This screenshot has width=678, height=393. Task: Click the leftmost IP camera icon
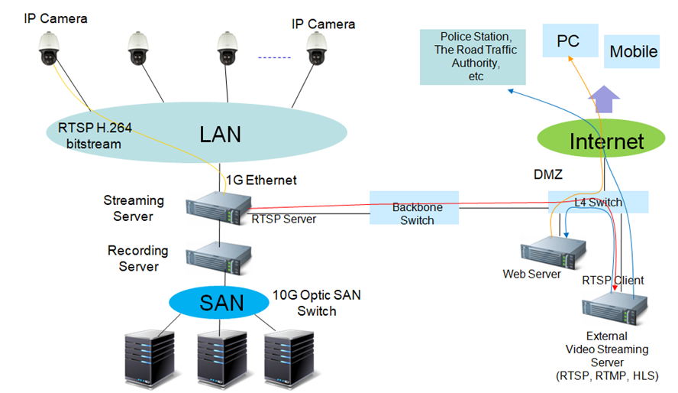pyautogui.click(x=48, y=48)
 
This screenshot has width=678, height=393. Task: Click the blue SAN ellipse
pyautogui.click(x=221, y=302)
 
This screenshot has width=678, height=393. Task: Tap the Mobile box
pyautogui.click(x=633, y=52)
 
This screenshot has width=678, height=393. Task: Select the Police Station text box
pyautogui.click(x=473, y=57)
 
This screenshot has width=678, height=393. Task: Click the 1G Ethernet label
pyautogui.click(x=261, y=180)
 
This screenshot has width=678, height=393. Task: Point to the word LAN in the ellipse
pyautogui.click(x=220, y=135)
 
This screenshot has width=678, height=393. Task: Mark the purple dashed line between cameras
pyautogui.click(x=272, y=57)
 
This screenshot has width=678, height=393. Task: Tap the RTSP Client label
pyautogui.click(x=613, y=280)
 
